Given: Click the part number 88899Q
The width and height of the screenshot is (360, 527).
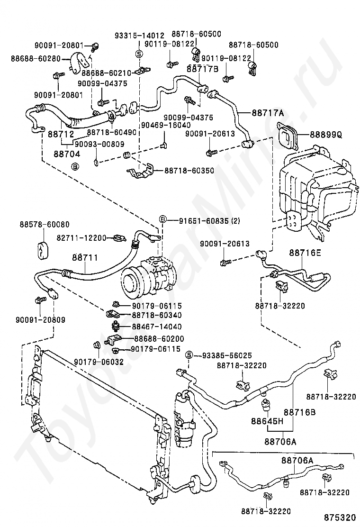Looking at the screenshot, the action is pos(325,135).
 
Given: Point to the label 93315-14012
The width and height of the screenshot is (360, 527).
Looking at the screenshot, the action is pos(139,35).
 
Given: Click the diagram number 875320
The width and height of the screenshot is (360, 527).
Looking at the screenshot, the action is pos(339,517).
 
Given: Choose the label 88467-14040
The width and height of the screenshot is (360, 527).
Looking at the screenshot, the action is pos(156,327).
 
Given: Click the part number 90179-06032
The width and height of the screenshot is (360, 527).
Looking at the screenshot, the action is pos(99,362).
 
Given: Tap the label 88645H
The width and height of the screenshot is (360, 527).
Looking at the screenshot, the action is pos(267,421).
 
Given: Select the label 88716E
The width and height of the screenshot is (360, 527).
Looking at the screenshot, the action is pos(305,253).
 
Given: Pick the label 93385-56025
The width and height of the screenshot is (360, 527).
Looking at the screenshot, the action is pos(227,355).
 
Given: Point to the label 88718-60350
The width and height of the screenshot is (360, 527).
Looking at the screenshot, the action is pos(189,171).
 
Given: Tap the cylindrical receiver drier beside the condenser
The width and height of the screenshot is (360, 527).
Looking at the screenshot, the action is pos(183,419).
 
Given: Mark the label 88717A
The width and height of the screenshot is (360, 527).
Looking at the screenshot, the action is pos(268,113).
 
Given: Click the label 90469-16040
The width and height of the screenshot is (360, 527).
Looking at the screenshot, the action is pos(166,125).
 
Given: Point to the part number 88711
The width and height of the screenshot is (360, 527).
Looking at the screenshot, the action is pos(85,257).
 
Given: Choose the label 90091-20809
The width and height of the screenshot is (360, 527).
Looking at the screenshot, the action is pos(40,319).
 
